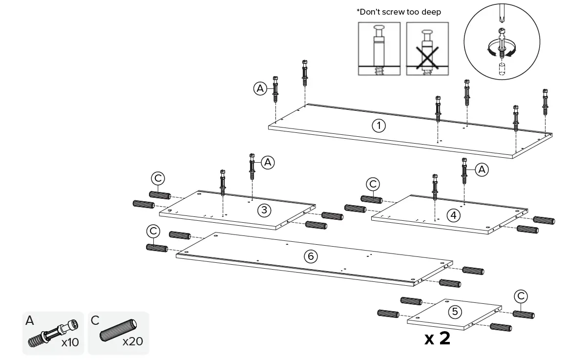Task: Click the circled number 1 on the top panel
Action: click(378, 126)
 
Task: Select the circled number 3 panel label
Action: click(264, 210)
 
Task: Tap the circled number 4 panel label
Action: click(454, 215)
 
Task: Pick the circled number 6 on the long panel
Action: click(311, 256)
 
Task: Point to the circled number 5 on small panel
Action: click(455, 311)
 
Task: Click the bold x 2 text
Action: click(437, 338)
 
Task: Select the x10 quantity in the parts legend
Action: click(70, 342)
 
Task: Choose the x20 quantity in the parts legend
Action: click(132, 340)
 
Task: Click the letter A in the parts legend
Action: click(30, 321)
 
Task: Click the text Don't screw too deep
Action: click(398, 12)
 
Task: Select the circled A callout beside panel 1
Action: click(260, 88)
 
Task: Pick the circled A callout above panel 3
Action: click(268, 163)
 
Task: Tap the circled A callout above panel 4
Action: click(482, 169)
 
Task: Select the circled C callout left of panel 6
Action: click(153, 230)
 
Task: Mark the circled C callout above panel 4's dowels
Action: click(373, 184)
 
